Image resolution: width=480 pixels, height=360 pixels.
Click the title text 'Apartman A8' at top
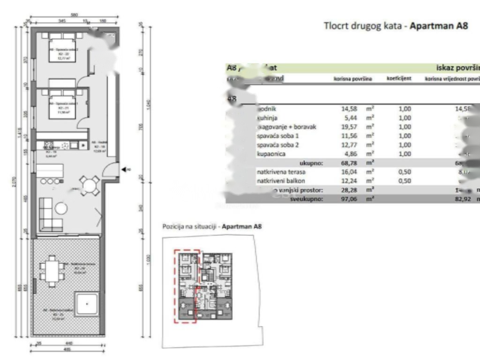click(439, 26)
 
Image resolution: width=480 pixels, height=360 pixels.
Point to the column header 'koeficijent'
click(399, 79)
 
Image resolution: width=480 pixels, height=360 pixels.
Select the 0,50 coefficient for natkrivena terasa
click(404, 172)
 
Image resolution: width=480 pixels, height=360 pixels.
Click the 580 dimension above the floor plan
click(74, 15)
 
